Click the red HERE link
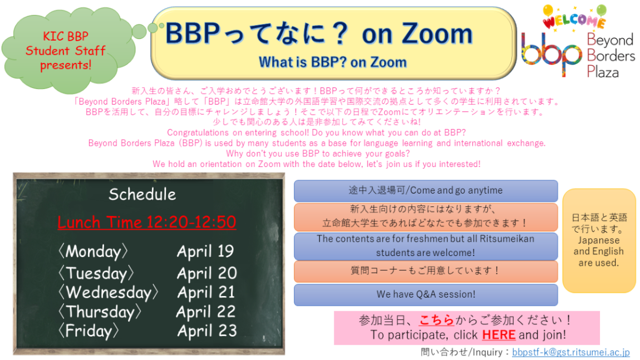[499, 335]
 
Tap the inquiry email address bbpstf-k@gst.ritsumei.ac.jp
[571, 352]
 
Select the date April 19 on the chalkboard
[205, 251]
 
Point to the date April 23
[207, 331]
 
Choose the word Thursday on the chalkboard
[100, 312]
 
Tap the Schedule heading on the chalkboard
[142, 194]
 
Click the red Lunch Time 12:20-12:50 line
[147, 222]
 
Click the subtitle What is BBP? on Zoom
[333, 62]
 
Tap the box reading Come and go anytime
[426, 191]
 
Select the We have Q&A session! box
[426, 294]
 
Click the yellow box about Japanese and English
[599, 240]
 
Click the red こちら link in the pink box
[437, 320]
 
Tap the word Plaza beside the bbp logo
[603, 72]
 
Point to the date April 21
[206, 292]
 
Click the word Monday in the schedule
[93, 251]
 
